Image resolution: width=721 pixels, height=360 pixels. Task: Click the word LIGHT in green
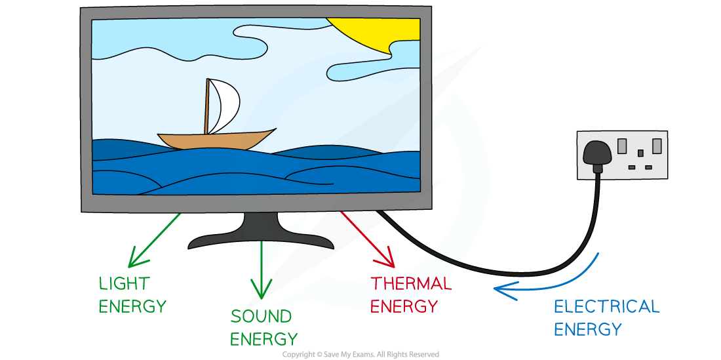point(124,284)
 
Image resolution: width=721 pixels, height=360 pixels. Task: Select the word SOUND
point(261,317)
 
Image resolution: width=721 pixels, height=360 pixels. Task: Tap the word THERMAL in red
point(411,284)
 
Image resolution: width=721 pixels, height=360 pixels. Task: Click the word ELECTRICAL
point(606,306)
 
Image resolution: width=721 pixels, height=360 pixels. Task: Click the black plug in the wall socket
point(598,155)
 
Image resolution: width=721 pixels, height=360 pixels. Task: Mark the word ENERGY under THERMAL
point(404,306)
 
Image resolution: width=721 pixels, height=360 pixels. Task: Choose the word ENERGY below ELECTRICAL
point(587,329)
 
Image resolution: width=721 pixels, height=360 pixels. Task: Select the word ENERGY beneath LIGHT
point(132,306)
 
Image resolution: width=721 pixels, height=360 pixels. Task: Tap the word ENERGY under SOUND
point(263,339)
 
